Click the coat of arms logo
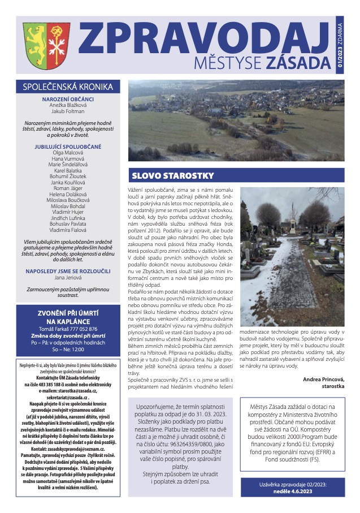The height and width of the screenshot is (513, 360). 40,45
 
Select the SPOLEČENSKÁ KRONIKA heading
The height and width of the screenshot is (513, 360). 68,87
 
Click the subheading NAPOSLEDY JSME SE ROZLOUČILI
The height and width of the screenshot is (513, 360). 68,256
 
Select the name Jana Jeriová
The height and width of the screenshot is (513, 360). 68,262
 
